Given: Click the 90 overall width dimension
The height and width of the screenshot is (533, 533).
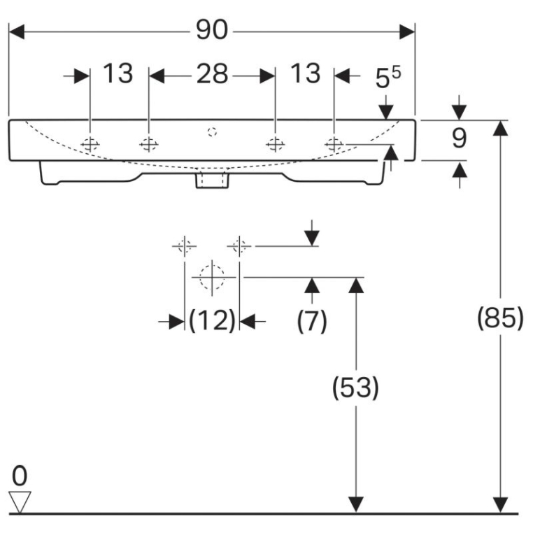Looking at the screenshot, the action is (x=211, y=30).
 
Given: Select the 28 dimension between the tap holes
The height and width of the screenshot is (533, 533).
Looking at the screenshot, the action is (x=212, y=73).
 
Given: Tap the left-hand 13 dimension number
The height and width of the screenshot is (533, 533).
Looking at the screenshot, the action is (x=118, y=73).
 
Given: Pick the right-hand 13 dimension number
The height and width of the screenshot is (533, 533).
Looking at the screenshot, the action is (x=306, y=73).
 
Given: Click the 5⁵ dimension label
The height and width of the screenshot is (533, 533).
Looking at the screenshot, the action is (x=388, y=78).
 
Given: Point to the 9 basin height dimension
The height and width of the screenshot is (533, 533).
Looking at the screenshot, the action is (x=460, y=138).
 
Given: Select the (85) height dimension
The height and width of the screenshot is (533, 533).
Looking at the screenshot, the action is (x=500, y=318).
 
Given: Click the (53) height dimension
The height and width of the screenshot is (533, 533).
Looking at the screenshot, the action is (x=355, y=388).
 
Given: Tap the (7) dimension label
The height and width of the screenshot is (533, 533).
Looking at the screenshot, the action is (x=312, y=320).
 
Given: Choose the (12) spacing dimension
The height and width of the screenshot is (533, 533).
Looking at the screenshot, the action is (x=212, y=320).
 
